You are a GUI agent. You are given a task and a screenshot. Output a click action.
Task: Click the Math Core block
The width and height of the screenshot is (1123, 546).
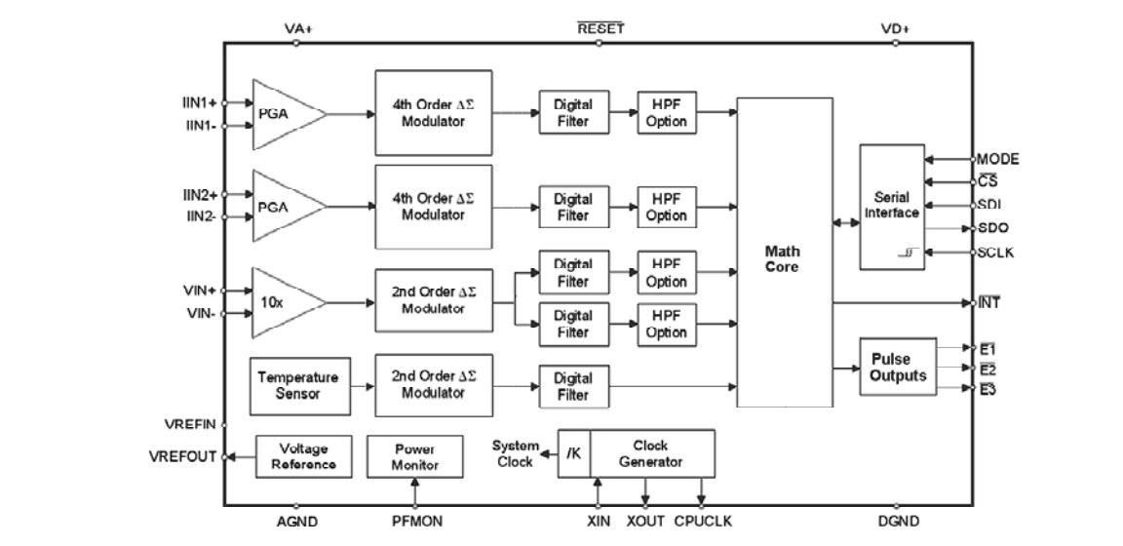784,253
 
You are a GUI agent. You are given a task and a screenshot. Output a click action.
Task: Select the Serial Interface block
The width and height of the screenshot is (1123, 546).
891,207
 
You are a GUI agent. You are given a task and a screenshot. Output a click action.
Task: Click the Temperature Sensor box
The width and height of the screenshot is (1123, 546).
297,385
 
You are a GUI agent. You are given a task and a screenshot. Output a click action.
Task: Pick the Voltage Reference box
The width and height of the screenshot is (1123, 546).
302,456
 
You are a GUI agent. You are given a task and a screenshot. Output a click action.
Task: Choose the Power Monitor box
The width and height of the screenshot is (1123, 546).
414,456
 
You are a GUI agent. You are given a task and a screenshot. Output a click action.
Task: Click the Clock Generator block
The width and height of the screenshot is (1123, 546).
651,453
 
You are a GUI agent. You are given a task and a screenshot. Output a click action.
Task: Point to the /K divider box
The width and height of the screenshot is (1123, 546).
573,453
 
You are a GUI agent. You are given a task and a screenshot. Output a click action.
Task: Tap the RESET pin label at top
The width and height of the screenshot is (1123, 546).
600,28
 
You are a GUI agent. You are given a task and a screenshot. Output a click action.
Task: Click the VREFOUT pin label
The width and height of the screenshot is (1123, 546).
182,456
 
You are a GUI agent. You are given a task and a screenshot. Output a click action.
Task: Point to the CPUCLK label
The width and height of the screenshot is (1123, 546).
701,522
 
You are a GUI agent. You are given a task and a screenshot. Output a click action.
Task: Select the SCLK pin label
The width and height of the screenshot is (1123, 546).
997,253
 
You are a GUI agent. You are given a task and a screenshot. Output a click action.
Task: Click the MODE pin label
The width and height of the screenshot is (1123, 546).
998,158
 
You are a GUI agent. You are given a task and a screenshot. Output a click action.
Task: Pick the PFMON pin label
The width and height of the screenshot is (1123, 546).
417,522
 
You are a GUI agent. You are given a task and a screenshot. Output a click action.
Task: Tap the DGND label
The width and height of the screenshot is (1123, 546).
898,522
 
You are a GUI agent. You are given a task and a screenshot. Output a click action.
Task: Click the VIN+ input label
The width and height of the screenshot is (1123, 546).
199,291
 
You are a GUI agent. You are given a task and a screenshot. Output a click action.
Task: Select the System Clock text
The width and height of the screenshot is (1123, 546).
515,453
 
